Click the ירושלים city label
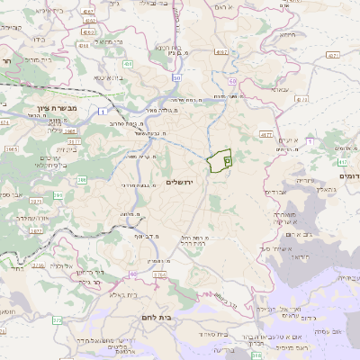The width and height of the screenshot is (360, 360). (186, 182)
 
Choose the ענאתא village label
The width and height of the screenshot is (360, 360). (279, 90)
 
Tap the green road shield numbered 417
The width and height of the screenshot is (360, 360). (343, 162)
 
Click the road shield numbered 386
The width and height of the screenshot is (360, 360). (82, 180)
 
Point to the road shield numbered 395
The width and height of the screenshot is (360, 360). (58, 194)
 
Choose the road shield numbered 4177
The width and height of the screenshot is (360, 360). (265, 133)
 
